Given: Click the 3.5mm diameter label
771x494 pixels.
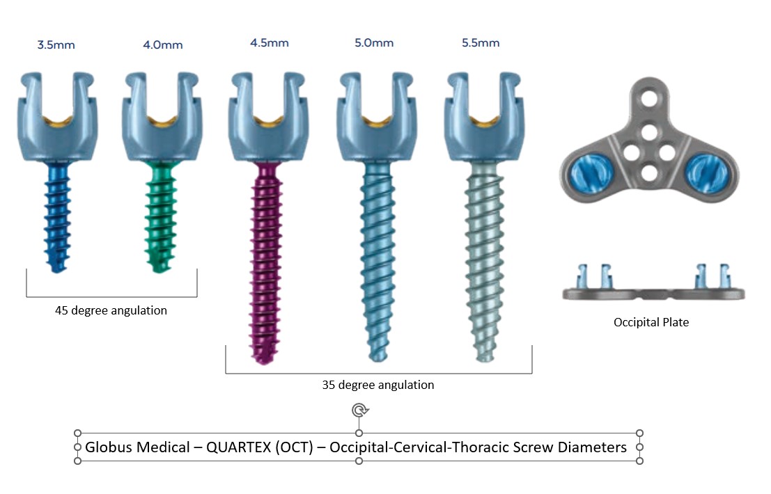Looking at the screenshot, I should pos(56,45).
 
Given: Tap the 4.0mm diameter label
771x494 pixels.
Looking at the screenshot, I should pos(163,45).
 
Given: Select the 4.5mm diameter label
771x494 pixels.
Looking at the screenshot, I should pos(270,43).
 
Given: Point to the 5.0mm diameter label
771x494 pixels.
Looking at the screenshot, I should pos(374,43).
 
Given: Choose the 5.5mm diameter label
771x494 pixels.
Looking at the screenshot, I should pos(481,43).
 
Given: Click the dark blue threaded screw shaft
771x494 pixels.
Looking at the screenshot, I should pos(56,216).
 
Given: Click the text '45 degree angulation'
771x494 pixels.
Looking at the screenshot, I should pos(111,310).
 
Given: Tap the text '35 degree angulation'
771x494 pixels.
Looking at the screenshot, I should pos(378,385).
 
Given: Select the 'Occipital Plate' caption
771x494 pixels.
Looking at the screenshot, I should pos(651,322).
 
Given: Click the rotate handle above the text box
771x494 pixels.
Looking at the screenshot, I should pos(359,410).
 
